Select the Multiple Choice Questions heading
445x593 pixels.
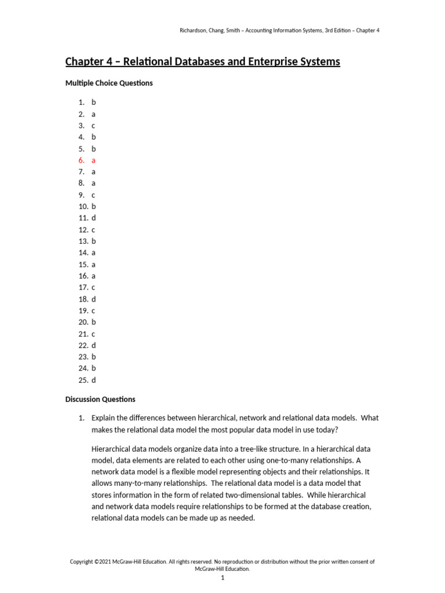click(x=109, y=83)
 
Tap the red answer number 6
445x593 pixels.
click(x=81, y=160)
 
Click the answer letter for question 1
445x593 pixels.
click(x=93, y=103)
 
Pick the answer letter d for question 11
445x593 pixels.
click(x=93, y=218)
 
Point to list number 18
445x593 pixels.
click(x=83, y=299)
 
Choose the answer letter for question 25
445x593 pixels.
click(x=93, y=380)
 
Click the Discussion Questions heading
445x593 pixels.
click(x=100, y=399)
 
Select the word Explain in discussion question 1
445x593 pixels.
click(x=104, y=418)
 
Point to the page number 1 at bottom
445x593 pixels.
click(x=222, y=577)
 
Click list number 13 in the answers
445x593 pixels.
click(x=83, y=241)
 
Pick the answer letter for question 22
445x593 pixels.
click(x=93, y=345)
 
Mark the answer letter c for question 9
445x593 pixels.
click(x=93, y=195)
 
